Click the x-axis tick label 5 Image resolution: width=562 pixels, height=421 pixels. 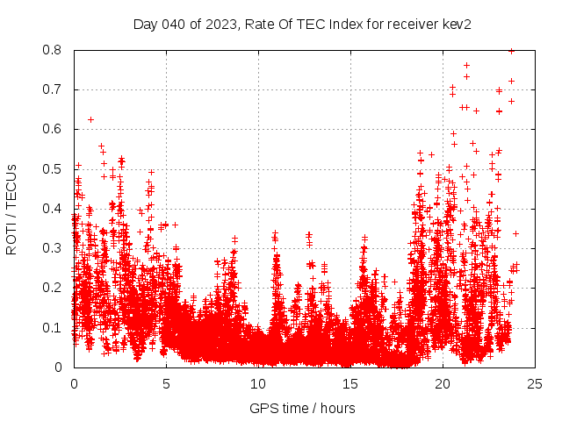point(166,383)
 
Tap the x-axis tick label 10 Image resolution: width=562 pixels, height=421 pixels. point(258,383)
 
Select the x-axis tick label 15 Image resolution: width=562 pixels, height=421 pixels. point(350,383)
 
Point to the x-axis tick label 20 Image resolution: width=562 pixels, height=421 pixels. point(443,383)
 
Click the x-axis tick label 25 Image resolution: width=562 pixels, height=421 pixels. point(535,383)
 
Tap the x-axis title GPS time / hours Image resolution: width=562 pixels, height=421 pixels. point(302,408)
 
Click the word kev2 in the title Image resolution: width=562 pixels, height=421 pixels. point(457,25)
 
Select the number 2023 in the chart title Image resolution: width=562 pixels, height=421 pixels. point(213,25)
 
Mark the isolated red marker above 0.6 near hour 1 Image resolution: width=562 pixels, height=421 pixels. point(90,119)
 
